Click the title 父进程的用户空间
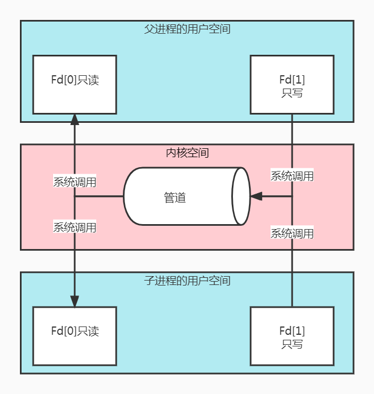(187, 29)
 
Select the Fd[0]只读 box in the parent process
(75, 85)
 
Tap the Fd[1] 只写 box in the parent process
(292, 85)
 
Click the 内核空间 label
(187, 153)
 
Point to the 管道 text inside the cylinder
(175, 198)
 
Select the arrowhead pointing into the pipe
(256, 196)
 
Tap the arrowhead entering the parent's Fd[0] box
(75, 120)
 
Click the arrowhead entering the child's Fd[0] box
(75, 301)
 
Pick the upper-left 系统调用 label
(75, 182)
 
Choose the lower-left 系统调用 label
(75, 227)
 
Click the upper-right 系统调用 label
(292, 175)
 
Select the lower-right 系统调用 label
(292, 233)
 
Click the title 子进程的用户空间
(187, 281)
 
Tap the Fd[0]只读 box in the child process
(75, 336)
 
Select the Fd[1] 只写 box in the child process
(292, 336)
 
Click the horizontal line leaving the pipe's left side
(99, 196)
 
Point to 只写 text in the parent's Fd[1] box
(292, 93)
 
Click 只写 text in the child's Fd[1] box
(292, 344)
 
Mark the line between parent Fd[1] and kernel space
(292, 129)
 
